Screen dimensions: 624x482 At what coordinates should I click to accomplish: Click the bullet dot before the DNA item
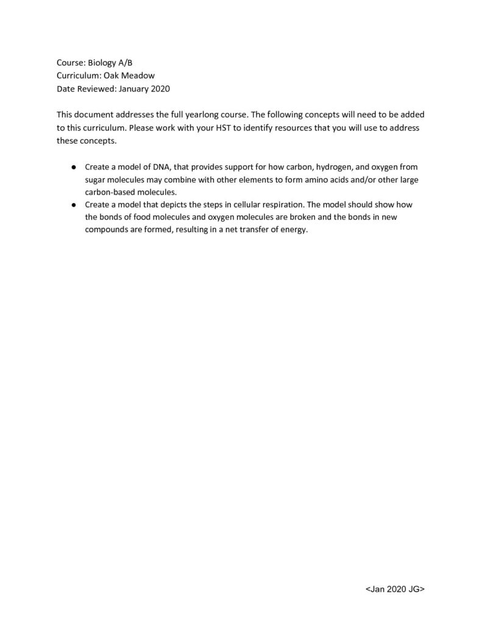click(73, 166)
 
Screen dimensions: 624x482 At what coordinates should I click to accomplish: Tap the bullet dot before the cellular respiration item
click(73, 205)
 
